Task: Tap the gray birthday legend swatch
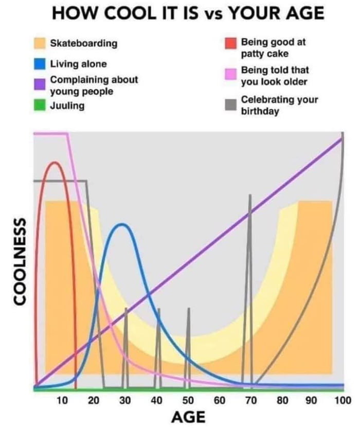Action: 232,104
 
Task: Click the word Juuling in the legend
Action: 68,106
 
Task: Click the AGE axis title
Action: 188,416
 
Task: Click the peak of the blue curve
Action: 122,224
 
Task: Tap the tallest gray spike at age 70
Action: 250,196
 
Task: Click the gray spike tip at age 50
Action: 188,309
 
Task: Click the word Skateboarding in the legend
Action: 83,43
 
